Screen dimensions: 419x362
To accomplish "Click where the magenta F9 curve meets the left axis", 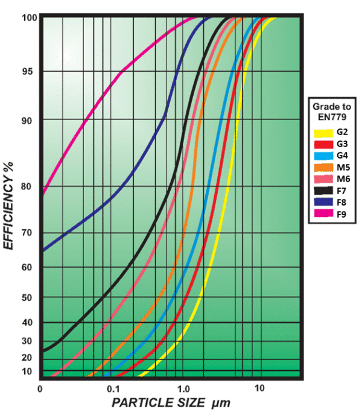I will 41,194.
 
